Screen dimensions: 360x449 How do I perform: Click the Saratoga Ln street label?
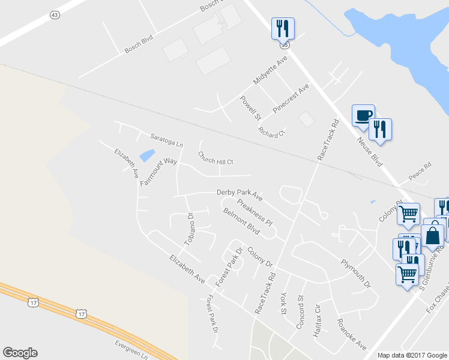point(167,140)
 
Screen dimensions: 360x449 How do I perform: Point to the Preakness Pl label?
point(255,212)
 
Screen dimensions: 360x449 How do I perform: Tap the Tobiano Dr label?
point(190,229)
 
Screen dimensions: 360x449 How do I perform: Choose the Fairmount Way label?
point(159,172)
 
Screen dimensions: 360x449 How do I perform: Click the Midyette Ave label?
point(271,71)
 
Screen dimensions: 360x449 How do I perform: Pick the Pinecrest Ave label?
point(291,98)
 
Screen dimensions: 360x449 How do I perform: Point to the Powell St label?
point(250,108)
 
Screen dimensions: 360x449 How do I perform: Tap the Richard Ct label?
point(272,132)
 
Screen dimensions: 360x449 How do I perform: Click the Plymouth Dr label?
point(356,272)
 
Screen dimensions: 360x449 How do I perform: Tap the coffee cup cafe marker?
point(363,115)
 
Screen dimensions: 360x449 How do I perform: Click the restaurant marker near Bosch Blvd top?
point(282,28)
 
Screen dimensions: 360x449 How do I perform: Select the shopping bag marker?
point(433,235)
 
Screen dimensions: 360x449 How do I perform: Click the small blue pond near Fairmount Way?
point(146,155)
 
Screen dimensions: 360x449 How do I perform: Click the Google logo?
point(20,353)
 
